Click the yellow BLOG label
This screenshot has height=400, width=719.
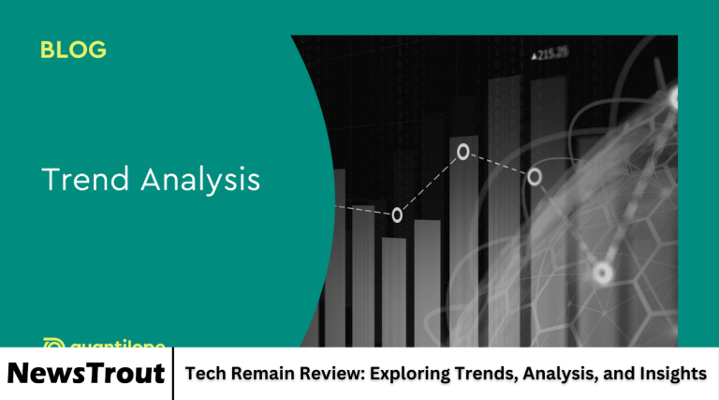[x=73, y=51]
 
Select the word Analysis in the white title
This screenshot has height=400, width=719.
[x=199, y=181]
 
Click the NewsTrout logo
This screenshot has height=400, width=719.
[x=86, y=374]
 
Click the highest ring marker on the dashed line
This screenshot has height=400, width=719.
[x=462, y=151]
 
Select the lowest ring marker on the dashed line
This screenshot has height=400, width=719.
[x=397, y=215]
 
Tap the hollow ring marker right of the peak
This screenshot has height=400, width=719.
[x=535, y=176]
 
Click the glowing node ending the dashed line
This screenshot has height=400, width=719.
[x=602, y=274]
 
